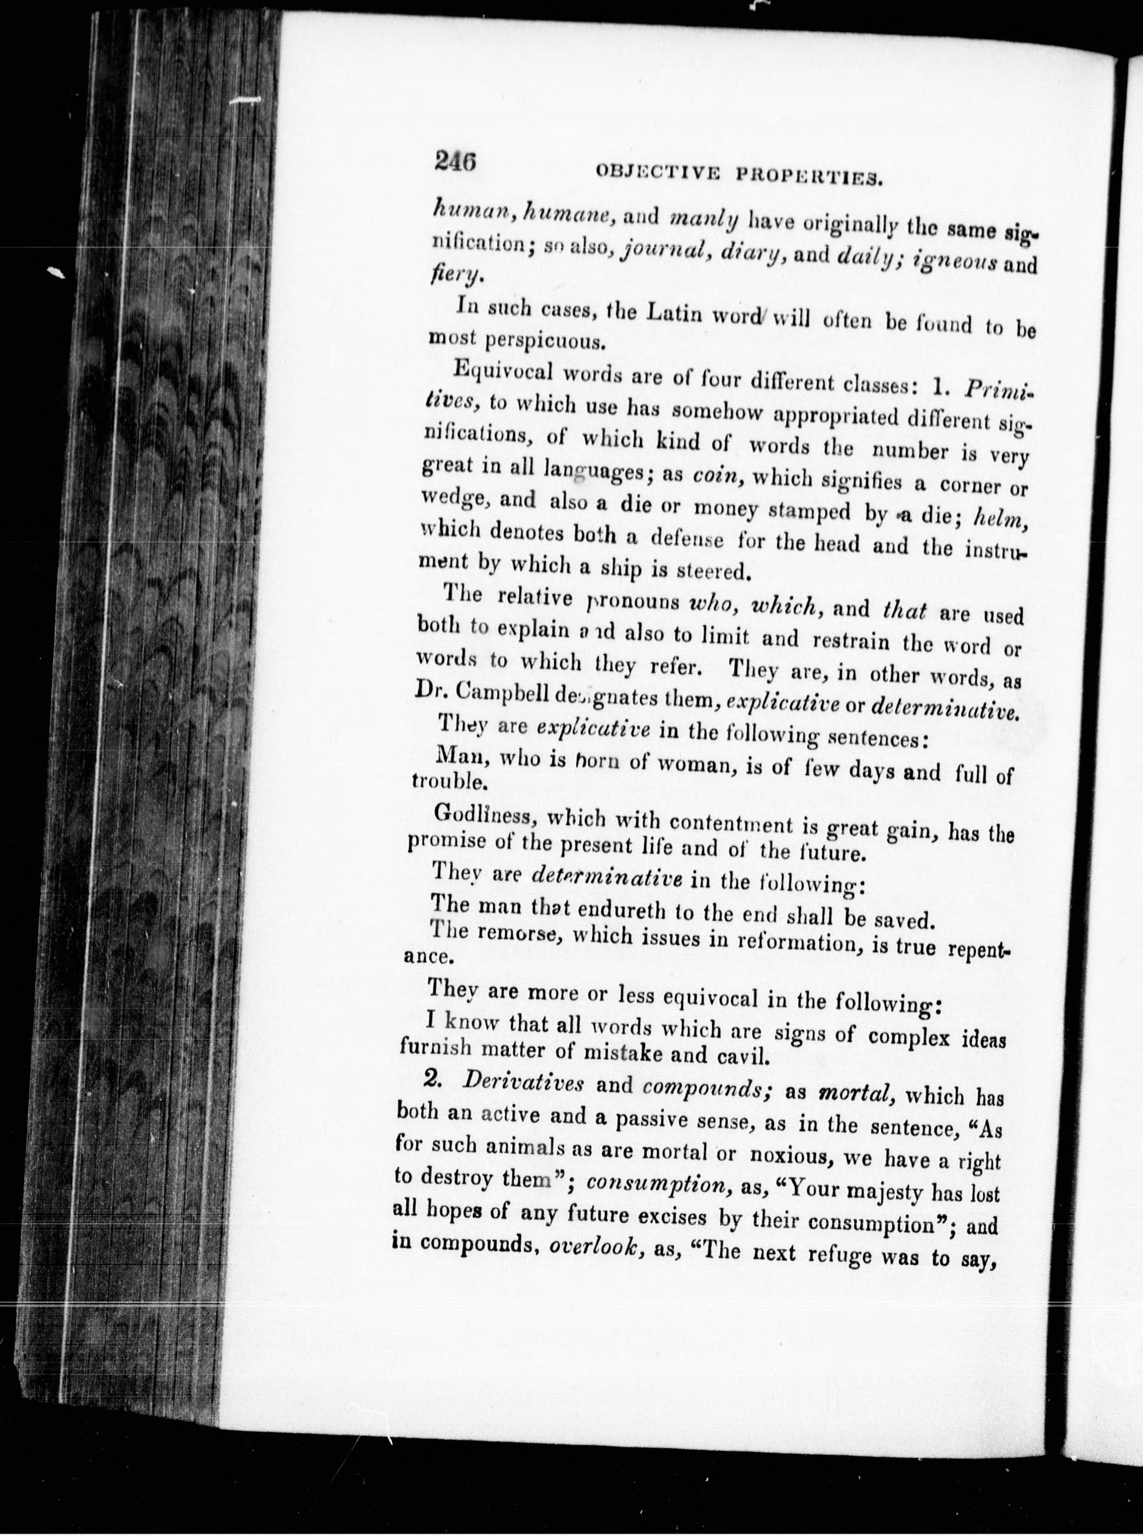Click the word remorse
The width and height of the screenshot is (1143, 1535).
tap(516, 935)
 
